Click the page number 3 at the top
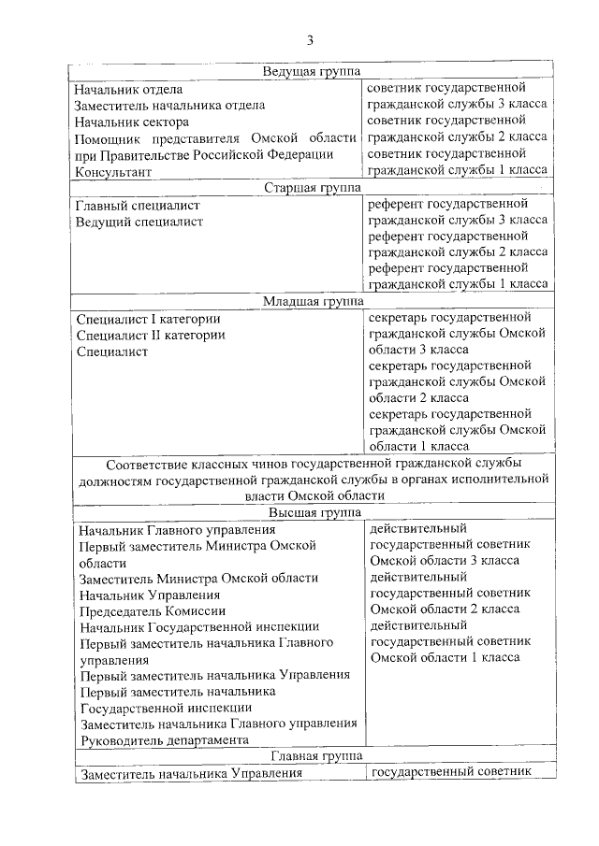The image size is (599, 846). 310,39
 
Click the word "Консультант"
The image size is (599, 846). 112,172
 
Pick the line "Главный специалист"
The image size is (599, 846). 138,205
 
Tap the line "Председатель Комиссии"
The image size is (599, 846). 153,610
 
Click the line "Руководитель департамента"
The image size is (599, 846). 165,739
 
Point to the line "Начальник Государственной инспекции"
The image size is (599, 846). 199,626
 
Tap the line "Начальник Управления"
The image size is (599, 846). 150,595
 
